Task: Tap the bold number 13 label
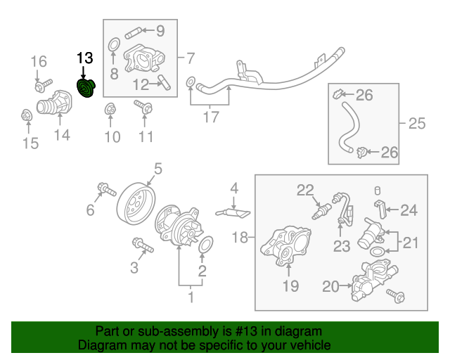click(x=84, y=58)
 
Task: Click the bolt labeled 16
click(x=41, y=86)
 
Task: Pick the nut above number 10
click(x=110, y=109)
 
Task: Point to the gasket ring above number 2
click(x=205, y=246)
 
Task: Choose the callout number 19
click(x=290, y=285)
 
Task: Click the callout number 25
click(x=417, y=124)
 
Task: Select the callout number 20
click(x=330, y=285)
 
